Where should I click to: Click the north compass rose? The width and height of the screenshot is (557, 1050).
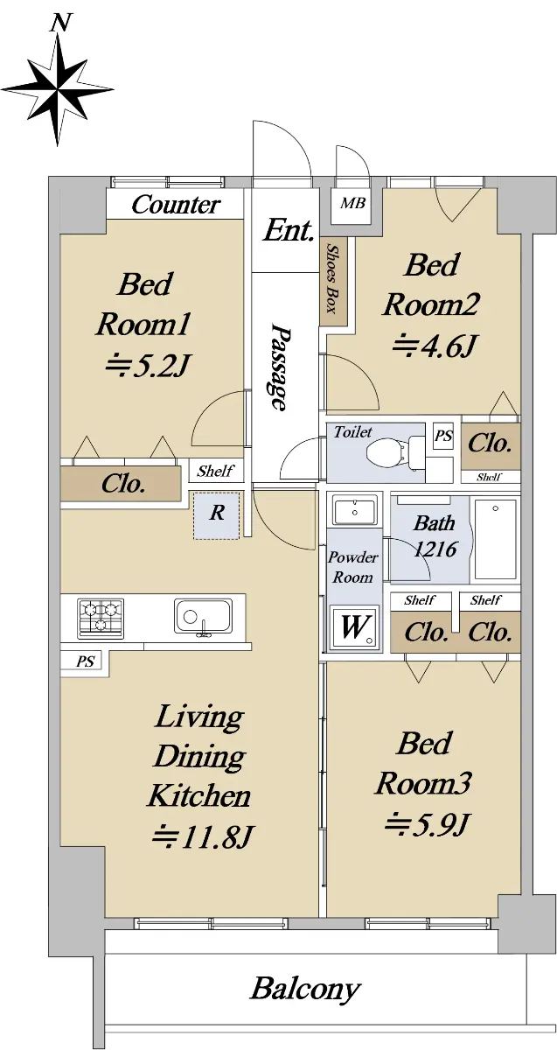pyautogui.click(x=58, y=88)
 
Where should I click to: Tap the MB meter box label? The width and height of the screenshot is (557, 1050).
pyautogui.click(x=352, y=203)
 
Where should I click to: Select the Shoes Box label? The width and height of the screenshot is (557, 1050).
pyautogui.click(x=332, y=278)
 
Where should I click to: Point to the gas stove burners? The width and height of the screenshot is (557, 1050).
pyautogui.click(x=101, y=619)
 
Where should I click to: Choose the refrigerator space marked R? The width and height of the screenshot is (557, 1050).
pyautogui.click(x=217, y=515)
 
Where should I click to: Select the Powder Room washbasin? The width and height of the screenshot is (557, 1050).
pyautogui.click(x=354, y=510)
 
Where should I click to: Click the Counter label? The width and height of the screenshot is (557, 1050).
pyautogui.click(x=176, y=205)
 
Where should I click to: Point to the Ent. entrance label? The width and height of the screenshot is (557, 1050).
pyautogui.click(x=288, y=230)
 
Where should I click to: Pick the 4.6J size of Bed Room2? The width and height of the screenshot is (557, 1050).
pyautogui.click(x=434, y=346)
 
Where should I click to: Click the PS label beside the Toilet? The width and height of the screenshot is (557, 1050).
pyautogui.click(x=443, y=437)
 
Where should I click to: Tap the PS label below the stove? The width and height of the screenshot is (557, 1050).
pyautogui.click(x=86, y=661)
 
